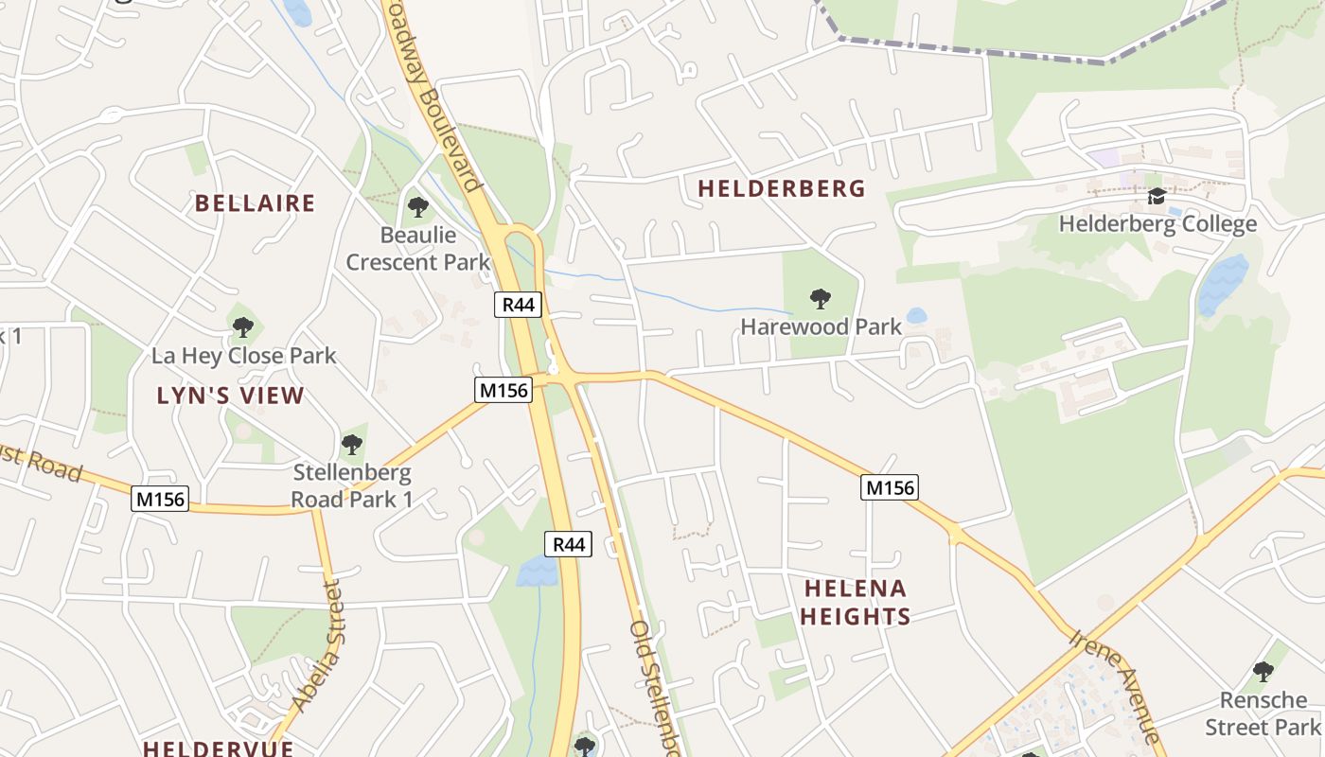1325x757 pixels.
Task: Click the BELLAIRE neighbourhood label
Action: pyautogui.click(x=255, y=203)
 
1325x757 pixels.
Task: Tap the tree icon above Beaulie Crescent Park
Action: pyautogui.click(x=417, y=206)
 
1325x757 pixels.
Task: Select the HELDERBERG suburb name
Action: pyautogui.click(x=782, y=188)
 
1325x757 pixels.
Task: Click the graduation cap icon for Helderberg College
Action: pyautogui.click(x=1157, y=197)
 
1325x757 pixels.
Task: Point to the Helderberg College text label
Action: pyautogui.click(x=1157, y=224)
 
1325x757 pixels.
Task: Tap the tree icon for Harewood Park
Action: pyautogui.click(x=821, y=299)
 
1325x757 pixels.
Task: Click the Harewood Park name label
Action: pyautogui.click(x=821, y=327)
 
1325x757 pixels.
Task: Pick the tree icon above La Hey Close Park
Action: pyautogui.click(x=243, y=328)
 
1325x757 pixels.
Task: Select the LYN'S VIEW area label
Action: pyautogui.click(x=231, y=396)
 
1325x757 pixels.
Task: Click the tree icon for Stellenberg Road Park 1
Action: pyautogui.click(x=352, y=444)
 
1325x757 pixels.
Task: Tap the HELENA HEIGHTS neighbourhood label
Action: pyautogui.click(x=856, y=603)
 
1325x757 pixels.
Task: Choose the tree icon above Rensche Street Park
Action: pyautogui.click(x=1263, y=672)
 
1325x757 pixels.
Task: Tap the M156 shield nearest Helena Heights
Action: pyautogui.click(x=890, y=487)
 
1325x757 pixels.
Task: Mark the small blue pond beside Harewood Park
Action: pyautogui.click(x=915, y=316)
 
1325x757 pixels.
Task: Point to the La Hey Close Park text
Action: pyautogui.click(x=244, y=357)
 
